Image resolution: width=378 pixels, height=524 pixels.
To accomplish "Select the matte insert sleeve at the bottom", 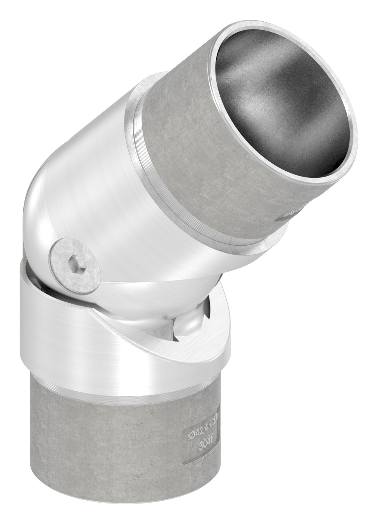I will (x=116, y=446).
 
